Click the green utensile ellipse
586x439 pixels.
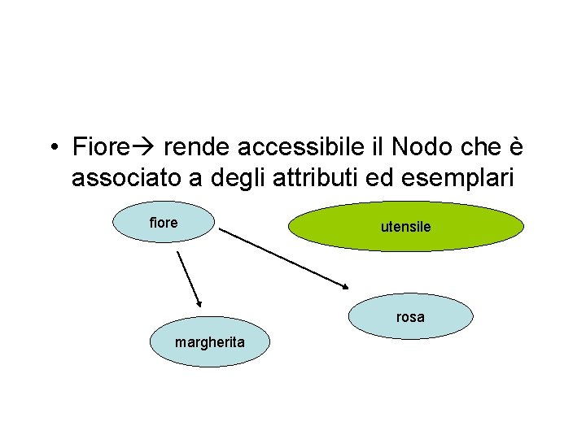point(406,226)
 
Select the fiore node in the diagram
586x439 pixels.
point(164,223)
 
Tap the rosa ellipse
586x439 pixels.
point(411,316)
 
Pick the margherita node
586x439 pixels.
point(209,342)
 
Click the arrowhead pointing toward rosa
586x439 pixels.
point(345,285)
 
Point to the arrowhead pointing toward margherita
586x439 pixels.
point(198,302)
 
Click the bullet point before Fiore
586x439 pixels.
point(51,149)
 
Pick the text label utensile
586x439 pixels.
point(406,227)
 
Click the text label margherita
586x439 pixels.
point(209,342)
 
